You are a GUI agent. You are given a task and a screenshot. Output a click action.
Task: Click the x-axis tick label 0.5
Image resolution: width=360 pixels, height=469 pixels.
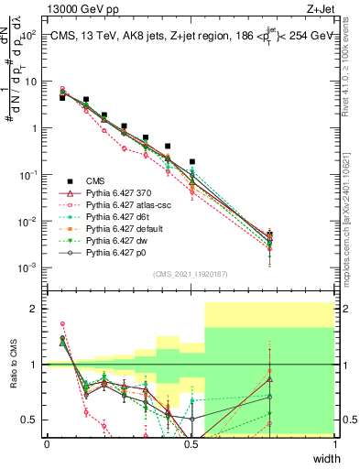click(191, 444)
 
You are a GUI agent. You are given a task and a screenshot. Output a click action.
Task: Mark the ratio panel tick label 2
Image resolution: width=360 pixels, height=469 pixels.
click(35, 309)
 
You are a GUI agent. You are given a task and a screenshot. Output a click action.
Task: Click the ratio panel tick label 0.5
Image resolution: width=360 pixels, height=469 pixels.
click(30, 420)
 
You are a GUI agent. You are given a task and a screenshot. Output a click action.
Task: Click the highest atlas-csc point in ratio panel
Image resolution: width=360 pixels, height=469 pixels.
click(62, 323)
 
